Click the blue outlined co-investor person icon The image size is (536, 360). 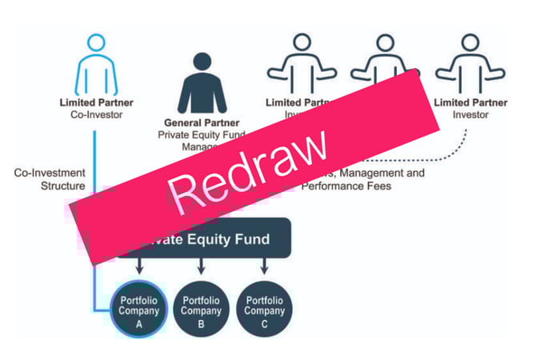pyautogui.click(x=95, y=64)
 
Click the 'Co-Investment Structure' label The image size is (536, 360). pyautogui.click(x=50, y=179)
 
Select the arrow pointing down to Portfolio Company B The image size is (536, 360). pyautogui.click(x=201, y=266)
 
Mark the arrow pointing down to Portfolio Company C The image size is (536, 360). pyautogui.click(x=264, y=266)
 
